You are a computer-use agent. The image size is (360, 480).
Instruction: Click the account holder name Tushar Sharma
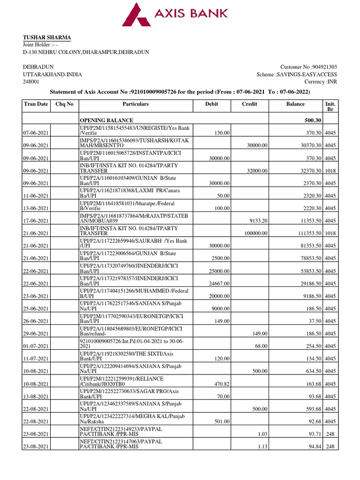click(x=47, y=37)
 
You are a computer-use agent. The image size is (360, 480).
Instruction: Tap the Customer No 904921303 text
click(x=308, y=67)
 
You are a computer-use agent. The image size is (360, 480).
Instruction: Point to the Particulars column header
click(x=135, y=104)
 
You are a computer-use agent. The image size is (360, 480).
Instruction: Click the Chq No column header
click(x=64, y=104)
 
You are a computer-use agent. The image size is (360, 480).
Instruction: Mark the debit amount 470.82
click(x=220, y=384)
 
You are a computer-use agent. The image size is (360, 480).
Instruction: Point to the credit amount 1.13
click(x=261, y=447)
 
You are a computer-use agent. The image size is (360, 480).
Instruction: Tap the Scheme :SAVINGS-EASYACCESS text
click(x=297, y=75)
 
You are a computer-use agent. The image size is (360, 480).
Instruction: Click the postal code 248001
click(x=31, y=82)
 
